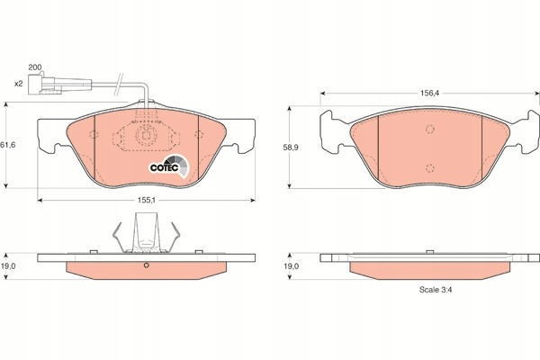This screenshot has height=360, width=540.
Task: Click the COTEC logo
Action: coord(169,166)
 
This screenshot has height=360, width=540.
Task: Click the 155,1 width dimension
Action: coord(147,200)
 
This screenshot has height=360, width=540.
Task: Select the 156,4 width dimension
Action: coord(429,93)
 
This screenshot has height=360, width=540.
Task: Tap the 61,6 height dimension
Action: coord(7,145)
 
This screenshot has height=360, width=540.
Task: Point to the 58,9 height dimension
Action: coord(291,148)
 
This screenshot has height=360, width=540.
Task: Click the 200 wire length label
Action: coord(35,67)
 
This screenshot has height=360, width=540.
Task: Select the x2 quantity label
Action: coord(18,84)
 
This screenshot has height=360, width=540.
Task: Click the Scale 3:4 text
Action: coord(436,290)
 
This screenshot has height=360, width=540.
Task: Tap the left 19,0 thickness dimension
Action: coord(7,266)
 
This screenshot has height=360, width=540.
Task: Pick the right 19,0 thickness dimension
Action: coord(291,266)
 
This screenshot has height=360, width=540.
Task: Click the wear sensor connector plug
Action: coord(60,85)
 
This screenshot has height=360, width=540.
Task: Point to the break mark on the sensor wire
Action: coord(119,85)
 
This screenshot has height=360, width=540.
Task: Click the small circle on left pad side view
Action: coord(146,265)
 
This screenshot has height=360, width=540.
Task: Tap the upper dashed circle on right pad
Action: coord(429,130)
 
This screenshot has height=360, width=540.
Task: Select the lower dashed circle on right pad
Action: coord(429,168)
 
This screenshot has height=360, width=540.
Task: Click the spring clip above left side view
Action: coord(147,233)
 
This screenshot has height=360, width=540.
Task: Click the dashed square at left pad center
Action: coord(146,135)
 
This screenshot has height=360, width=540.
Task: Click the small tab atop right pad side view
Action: coord(429,252)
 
